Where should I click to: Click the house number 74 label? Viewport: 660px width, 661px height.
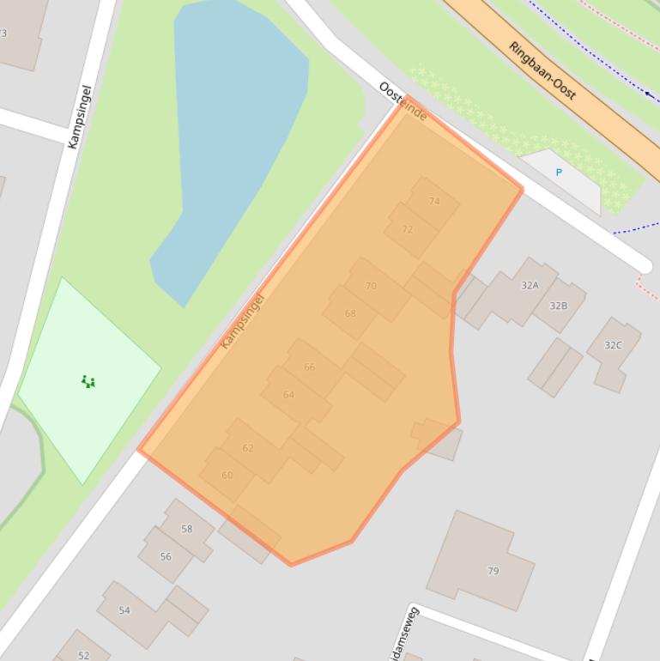[433, 202]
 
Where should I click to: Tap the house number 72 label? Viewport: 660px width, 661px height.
[407, 229]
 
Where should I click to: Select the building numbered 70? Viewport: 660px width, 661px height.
[371, 286]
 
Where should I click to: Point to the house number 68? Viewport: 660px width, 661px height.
[350, 313]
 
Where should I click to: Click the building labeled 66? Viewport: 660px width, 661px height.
[309, 367]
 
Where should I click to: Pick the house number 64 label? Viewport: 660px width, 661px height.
[288, 395]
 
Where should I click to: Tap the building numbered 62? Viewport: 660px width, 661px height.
[248, 448]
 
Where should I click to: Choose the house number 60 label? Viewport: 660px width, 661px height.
[227, 475]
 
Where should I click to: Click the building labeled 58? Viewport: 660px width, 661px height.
[186, 529]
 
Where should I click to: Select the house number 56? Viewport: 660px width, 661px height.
[166, 556]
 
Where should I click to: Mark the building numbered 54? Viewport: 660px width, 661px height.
[124, 610]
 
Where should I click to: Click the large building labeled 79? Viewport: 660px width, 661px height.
[493, 571]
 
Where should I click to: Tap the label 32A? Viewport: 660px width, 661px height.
[530, 285]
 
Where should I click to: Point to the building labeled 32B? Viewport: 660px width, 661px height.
[559, 306]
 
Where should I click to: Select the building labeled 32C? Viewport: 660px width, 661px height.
[613, 345]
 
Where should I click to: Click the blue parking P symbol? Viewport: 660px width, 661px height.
[559, 173]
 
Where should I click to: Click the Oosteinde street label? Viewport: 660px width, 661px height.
[403, 101]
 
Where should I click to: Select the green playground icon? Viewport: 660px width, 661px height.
[88, 381]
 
